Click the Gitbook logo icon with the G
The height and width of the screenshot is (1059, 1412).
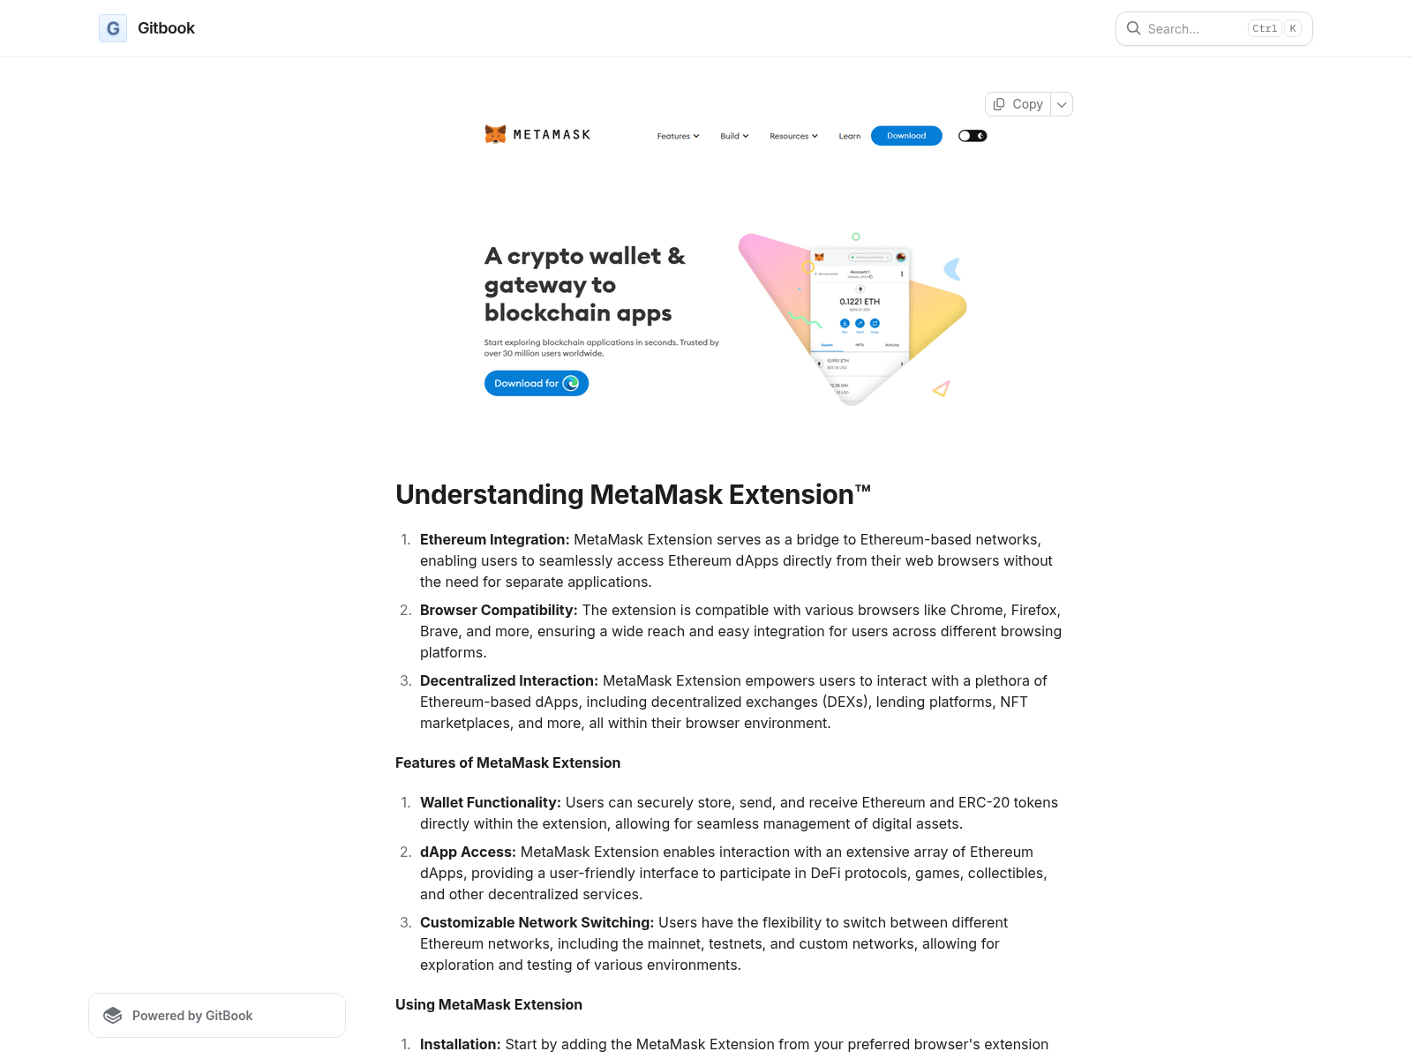coord(113,28)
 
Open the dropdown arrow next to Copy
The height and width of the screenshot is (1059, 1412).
coord(1062,104)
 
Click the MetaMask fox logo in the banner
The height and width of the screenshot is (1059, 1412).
coord(495,134)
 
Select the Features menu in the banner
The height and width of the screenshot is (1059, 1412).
coord(678,136)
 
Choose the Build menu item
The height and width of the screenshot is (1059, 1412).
coord(734,136)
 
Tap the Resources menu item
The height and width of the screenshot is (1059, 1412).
coord(793,136)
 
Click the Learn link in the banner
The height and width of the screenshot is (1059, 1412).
coord(849,136)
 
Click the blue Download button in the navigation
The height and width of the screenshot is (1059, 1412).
coord(906,136)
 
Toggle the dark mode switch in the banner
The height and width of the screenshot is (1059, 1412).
coord(973,136)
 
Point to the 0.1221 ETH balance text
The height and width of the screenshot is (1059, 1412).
coord(859,302)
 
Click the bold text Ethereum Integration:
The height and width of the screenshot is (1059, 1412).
coord(494,539)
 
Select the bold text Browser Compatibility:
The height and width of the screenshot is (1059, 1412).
coord(499,610)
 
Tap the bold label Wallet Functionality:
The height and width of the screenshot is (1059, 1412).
coord(490,802)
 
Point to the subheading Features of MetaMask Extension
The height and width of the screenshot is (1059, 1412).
coord(507,762)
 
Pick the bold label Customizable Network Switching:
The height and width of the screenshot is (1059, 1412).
coord(537,922)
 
